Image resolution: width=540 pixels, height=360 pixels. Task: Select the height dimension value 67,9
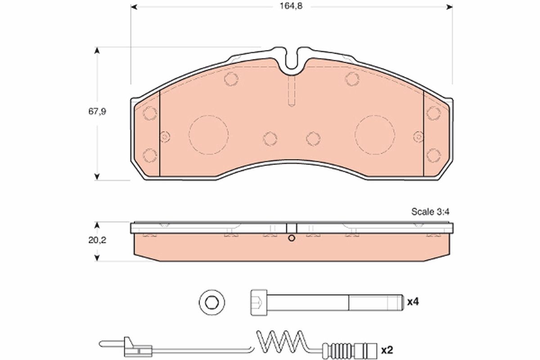97,112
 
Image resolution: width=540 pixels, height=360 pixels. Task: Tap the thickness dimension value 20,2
97,240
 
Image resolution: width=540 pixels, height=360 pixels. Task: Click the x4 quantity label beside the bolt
413,302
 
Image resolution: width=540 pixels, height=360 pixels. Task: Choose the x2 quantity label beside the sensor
387,349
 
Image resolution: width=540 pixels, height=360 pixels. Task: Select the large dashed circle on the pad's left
208,134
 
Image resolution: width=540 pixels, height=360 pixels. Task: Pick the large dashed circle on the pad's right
375,134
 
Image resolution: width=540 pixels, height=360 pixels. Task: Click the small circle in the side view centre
292,238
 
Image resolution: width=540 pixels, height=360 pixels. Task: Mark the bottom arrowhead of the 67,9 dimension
97,176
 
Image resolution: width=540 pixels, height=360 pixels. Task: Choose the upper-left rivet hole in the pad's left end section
149,113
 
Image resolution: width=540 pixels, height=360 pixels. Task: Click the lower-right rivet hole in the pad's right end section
433,155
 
